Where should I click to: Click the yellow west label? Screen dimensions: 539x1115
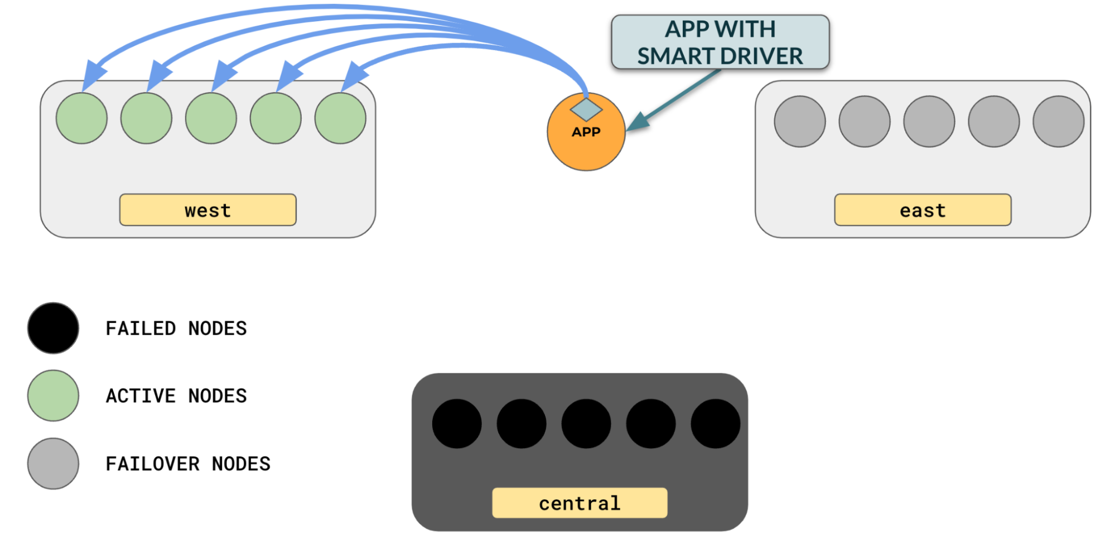207,210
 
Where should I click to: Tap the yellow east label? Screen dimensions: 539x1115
922,210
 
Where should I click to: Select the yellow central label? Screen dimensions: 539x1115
579,503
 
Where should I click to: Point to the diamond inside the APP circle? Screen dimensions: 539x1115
586,109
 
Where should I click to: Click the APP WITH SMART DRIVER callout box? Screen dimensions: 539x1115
720,42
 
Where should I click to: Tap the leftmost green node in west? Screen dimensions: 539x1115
81,118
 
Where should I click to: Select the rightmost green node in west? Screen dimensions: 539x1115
340,118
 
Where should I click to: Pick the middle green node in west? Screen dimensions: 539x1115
211,118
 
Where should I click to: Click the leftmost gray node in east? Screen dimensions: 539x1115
799,122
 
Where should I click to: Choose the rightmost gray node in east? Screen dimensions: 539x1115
1058,122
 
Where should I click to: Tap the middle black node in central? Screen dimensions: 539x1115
586,423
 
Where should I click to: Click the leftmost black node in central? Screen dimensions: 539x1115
456,423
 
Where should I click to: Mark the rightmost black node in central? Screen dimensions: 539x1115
715,423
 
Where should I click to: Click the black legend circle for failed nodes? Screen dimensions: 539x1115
53,328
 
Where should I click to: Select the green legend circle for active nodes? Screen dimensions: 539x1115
53,396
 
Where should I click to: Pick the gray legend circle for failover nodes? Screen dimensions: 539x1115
53,464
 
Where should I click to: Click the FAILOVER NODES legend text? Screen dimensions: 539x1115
188,464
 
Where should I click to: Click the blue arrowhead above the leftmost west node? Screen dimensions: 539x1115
93,75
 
